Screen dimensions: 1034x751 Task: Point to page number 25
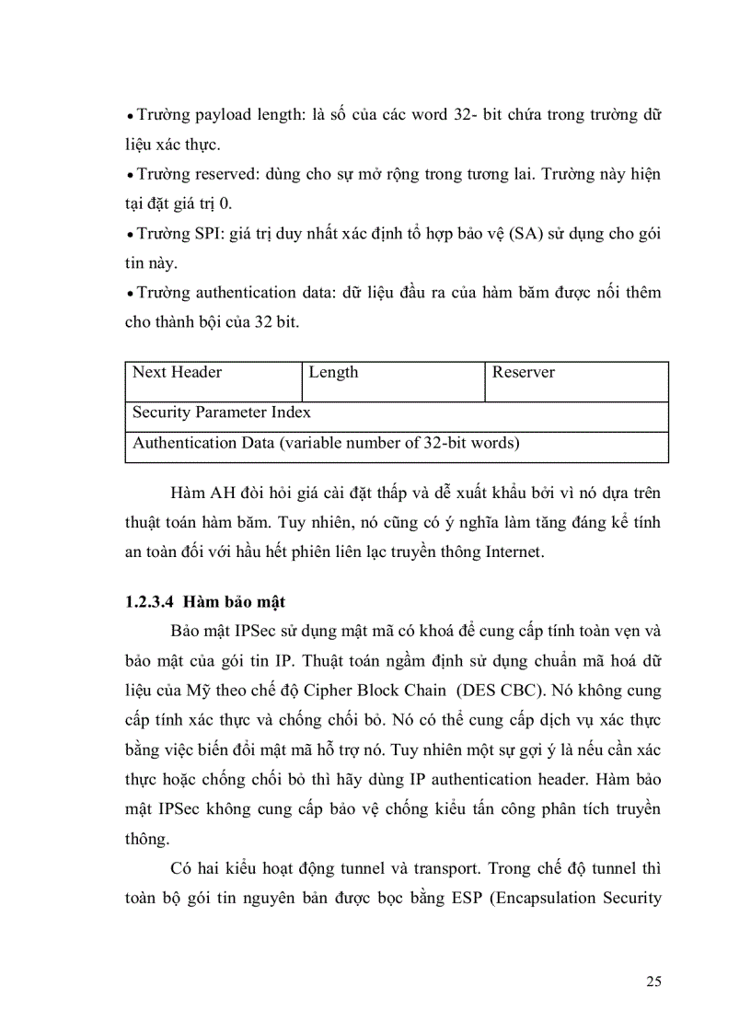pyautogui.click(x=653, y=982)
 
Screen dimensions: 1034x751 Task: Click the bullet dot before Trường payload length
pyautogui.click(x=130, y=118)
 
